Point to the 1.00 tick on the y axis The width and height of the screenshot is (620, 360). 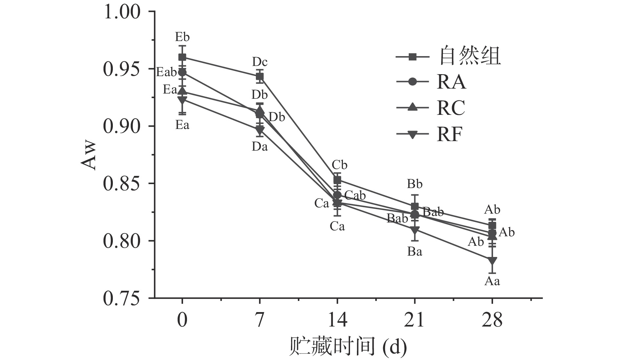pos(122,12)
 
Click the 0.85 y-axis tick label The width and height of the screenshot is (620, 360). pos(122,184)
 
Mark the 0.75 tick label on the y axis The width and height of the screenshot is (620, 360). pos(122,298)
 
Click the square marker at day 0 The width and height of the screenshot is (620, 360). pos(182,57)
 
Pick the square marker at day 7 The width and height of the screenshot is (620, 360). pos(260,77)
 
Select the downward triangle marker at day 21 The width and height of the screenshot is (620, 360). pos(415,229)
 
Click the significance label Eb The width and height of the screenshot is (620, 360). pos(182,36)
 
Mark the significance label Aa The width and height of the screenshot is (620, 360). pos(492,281)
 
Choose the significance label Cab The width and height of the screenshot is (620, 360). pos(355,196)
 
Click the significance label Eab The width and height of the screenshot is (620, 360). pos(166,72)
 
